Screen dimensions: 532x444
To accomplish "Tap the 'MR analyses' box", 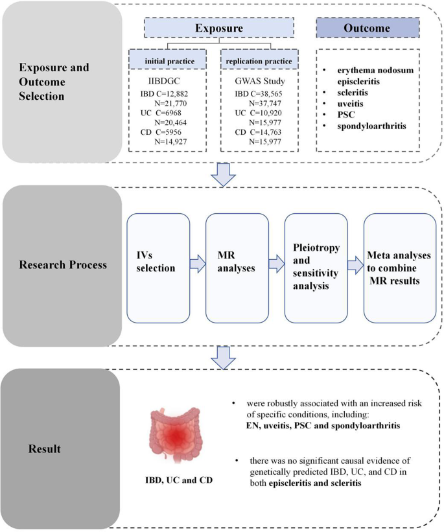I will point(237,268).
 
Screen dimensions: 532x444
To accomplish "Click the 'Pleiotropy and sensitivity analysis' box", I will point(316,268).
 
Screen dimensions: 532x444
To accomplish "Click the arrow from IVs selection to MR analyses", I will point(197,264).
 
